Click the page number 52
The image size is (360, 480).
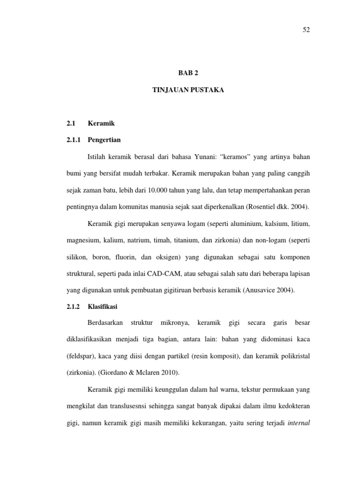pos(306,30)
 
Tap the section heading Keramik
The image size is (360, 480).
pos(101,123)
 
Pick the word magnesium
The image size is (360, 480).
pos(83,240)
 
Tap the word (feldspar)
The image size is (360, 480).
pos(82,357)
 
